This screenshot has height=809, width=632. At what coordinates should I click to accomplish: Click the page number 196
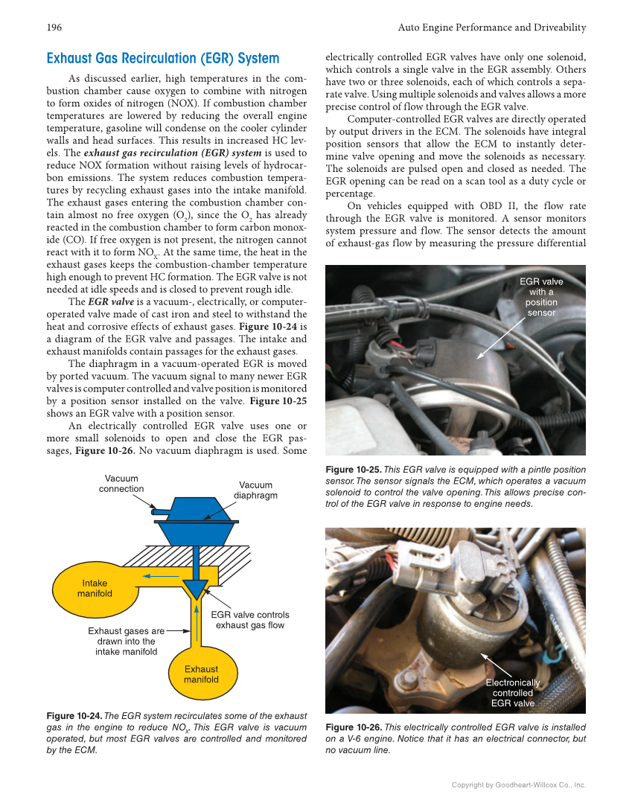pyautogui.click(x=54, y=28)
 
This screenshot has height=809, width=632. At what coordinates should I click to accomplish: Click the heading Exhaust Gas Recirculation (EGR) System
pyautogui.click(x=162, y=58)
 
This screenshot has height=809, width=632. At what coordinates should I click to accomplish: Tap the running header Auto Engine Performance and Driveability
pyautogui.click(x=492, y=28)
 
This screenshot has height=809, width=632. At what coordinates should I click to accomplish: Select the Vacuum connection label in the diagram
pyautogui.click(x=121, y=484)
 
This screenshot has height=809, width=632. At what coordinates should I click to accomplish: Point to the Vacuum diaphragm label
pyautogui.click(x=256, y=490)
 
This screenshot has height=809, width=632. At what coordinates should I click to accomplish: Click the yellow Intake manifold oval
pyautogui.click(x=95, y=588)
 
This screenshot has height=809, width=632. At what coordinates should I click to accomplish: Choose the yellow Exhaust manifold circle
pyautogui.click(x=201, y=674)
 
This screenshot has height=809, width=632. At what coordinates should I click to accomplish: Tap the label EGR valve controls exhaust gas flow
pyautogui.click(x=249, y=619)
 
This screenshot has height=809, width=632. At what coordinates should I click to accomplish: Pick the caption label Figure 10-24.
pyautogui.click(x=74, y=716)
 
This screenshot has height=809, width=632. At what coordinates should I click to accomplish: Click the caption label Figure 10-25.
pyautogui.click(x=354, y=470)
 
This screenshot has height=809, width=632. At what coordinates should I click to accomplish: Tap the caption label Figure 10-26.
pyautogui.click(x=354, y=727)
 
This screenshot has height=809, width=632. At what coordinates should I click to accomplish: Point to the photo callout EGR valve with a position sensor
pyautogui.click(x=540, y=297)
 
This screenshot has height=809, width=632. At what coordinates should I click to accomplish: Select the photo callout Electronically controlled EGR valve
pyautogui.click(x=512, y=693)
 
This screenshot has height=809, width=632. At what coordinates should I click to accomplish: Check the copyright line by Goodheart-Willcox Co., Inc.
pyautogui.click(x=519, y=784)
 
